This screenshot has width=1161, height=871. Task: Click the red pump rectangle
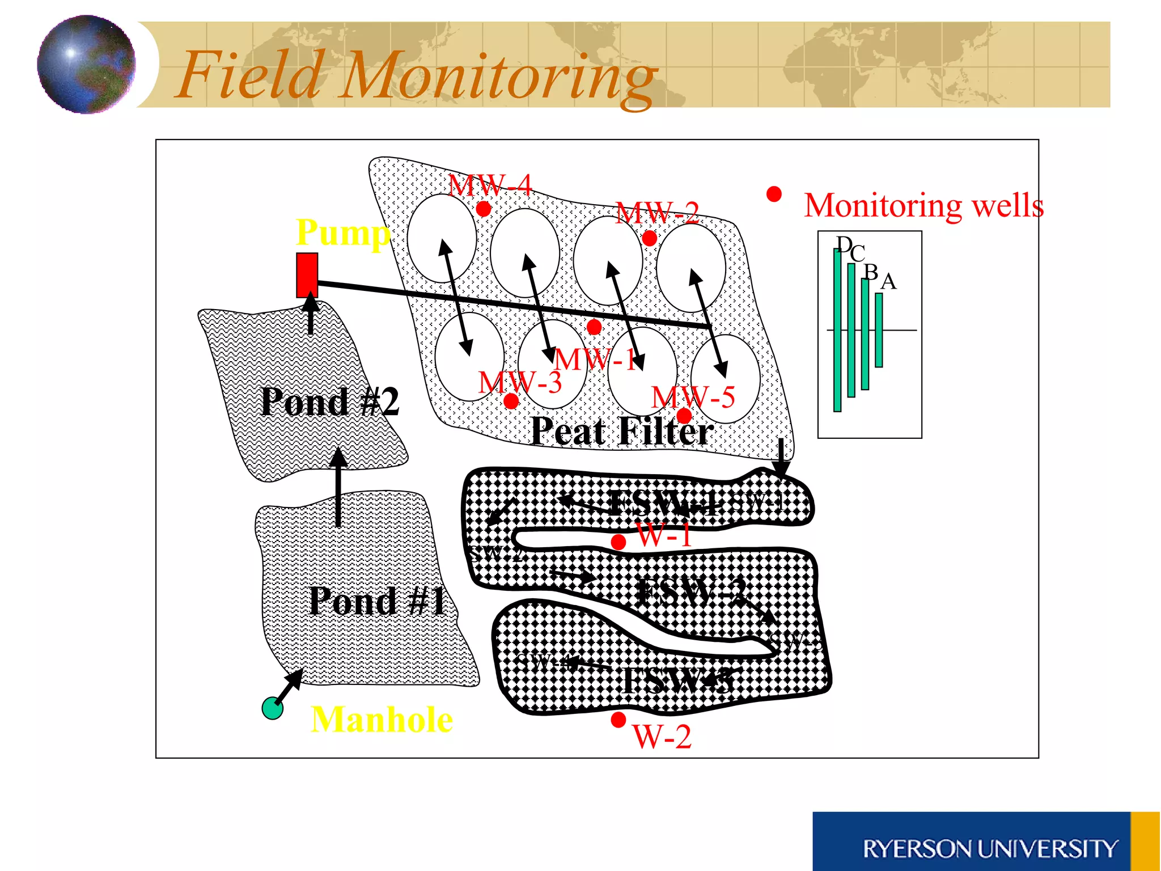307,274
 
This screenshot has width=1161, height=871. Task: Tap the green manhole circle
273,708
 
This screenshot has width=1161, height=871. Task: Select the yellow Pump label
343,232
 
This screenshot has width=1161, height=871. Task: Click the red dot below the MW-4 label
483,209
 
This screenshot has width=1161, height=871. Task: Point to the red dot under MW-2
650,238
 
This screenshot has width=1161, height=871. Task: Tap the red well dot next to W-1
618,542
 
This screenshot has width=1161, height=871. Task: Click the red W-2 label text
662,737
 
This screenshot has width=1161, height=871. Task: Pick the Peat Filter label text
622,432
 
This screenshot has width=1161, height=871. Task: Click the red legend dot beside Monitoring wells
774,195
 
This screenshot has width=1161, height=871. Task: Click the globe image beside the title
86,64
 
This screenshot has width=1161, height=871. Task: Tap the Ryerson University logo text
990,849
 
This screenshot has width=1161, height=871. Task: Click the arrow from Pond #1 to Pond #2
338,488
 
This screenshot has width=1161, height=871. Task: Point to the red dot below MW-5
684,416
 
